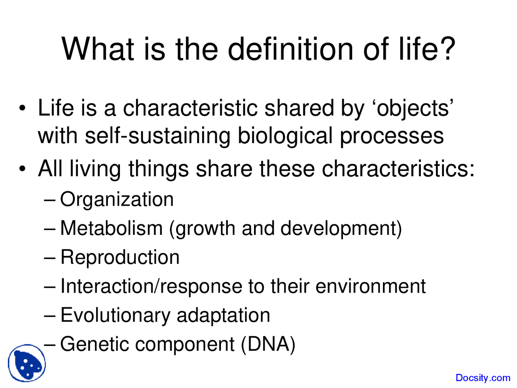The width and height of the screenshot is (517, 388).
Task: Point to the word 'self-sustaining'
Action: click(157, 136)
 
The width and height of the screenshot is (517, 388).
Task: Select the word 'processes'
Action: click(391, 137)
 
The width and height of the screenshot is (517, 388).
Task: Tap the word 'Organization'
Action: click(117, 200)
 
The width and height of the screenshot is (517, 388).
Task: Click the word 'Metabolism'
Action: click(111, 228)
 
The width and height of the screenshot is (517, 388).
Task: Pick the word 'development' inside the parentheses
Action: click(338, 229)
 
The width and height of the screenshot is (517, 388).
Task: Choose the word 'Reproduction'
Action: click(120, 257)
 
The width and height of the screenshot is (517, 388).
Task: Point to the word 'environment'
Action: click(370, 287)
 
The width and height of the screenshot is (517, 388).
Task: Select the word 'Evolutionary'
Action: click(115, 316)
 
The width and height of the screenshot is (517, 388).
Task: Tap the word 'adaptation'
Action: click(223, 316)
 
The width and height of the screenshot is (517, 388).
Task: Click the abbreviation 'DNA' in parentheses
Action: click(268, 344)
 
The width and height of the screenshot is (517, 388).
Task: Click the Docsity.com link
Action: click(483, 378)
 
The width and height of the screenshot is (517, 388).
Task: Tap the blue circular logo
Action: click(27, 363)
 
